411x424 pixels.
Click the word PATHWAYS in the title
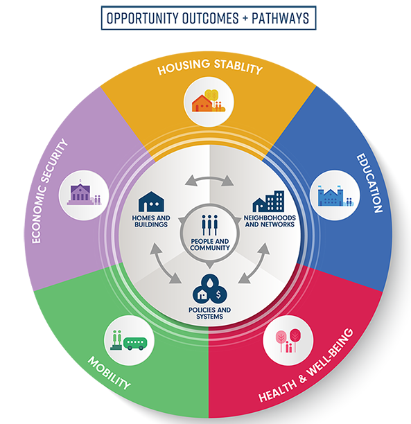280,18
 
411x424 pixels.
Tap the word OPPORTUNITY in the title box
143,18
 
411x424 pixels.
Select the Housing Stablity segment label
210,67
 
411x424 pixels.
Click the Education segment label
369,183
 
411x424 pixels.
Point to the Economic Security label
49,191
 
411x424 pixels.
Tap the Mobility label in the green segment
109,373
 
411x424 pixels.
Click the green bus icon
135,344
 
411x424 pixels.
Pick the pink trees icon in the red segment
288,340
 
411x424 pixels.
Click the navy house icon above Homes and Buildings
151,202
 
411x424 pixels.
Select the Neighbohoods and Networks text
270,221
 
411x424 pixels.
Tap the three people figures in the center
209,225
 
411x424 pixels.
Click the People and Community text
210,245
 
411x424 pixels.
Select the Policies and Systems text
210,313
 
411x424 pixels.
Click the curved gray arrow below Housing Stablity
209,179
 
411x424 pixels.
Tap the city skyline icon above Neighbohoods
268,201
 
